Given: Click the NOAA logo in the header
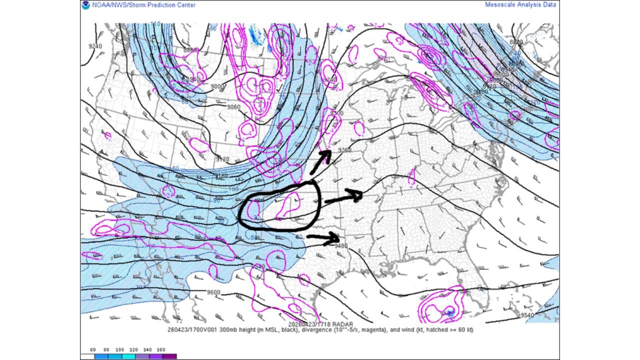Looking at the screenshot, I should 86,5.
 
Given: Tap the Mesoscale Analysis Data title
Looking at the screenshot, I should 520,5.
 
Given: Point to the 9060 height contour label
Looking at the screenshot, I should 233,107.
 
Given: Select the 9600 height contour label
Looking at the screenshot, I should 213,292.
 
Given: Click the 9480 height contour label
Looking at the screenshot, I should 341,245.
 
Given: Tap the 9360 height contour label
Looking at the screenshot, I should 345,150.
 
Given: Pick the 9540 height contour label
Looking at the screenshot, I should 527,315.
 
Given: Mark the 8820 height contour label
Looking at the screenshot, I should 516,42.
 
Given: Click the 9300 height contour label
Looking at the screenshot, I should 337,113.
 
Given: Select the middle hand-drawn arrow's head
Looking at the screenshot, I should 357,195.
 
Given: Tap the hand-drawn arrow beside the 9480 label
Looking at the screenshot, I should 323,238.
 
